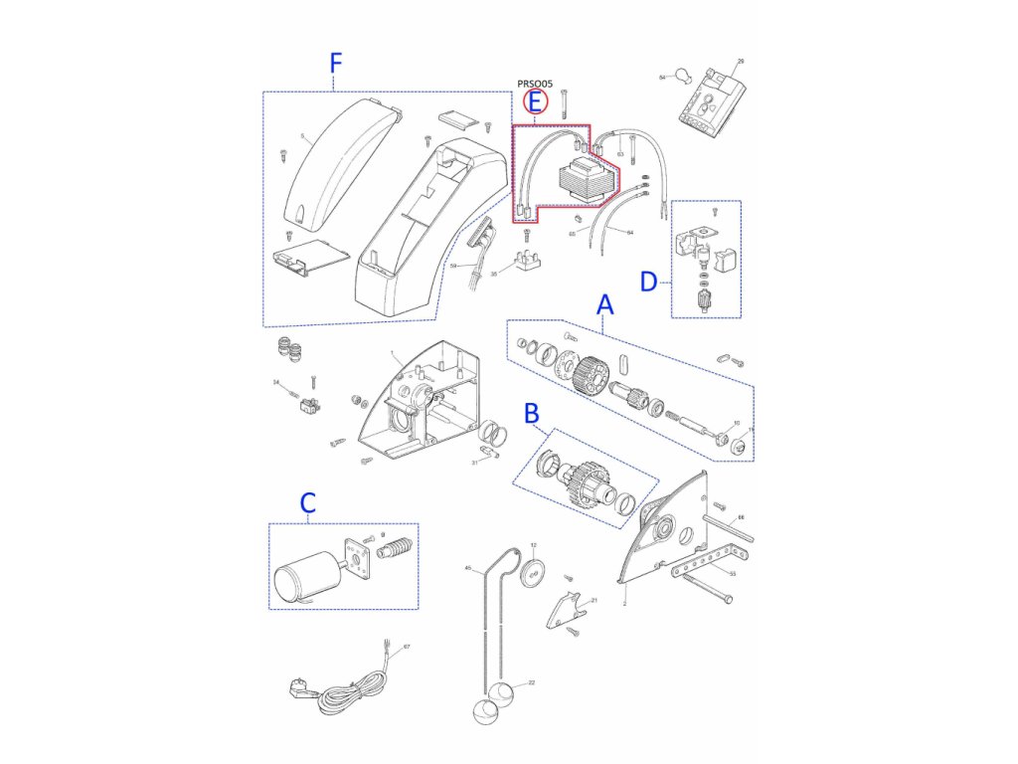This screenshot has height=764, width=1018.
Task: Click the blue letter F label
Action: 335,64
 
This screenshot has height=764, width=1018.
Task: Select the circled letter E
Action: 535,100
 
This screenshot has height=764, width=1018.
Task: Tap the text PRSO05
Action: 535,85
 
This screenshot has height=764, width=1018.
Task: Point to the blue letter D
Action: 648,283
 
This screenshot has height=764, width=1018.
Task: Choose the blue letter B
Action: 532,411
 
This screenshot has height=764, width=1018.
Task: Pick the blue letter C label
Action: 308,503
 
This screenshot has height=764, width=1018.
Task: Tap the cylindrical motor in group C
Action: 302,576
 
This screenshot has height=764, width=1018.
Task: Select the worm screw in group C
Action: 395,550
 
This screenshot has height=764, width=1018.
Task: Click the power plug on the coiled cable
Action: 295,685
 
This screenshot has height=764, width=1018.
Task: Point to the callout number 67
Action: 406,648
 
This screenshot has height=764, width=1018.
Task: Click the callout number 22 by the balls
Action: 532,682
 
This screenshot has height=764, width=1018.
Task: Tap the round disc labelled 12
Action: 533,571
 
